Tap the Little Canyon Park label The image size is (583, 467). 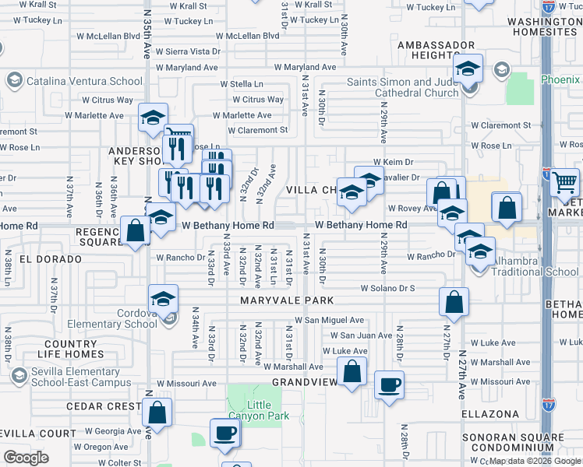[269, 410]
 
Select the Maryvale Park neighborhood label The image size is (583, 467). [287, 300]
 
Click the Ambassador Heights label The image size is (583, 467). [436, 51]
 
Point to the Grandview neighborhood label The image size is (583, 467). [305, 382]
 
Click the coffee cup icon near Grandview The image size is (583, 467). [389, 383]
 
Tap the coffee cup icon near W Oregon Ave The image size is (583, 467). [225, 433]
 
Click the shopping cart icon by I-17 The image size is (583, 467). [564, 182]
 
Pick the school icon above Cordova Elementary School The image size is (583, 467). [164, 299]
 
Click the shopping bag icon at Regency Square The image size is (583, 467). [135, 230]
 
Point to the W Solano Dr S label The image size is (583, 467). [387, 287]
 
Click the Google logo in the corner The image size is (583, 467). [26, 458]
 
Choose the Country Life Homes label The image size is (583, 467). [70, 349]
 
